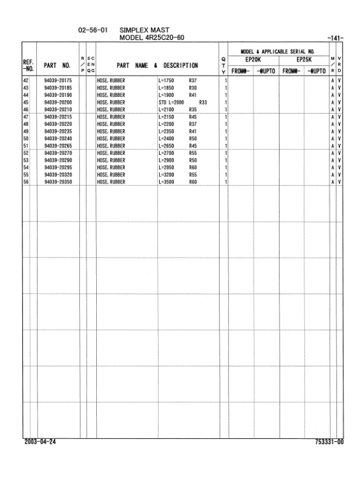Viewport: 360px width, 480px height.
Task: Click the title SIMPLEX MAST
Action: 145,30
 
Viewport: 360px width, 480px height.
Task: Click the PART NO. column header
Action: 58,63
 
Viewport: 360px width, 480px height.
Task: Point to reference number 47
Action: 26,115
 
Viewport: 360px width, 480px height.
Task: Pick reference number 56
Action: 26,181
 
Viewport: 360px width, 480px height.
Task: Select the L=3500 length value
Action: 166,181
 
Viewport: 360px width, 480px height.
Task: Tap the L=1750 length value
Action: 166,79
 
